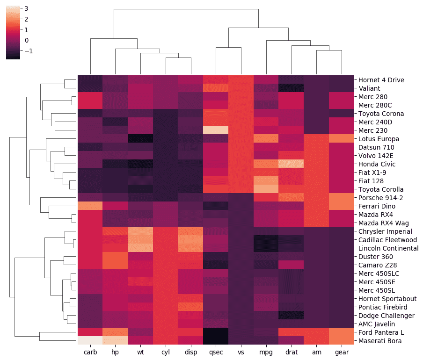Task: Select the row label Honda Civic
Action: [x=377, y=164]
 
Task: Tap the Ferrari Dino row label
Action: [x=377, y=206]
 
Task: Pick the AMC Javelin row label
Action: [x=376, y=324]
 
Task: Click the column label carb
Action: [x=90, y=352]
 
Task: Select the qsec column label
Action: [x=215, y=352]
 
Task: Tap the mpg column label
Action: [x=266, y=352]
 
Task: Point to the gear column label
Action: [x=341, y=352]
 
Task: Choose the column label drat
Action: [x=291, y=352]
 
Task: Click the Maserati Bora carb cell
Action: [x=90, y=341]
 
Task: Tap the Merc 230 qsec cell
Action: [x=215, y=130]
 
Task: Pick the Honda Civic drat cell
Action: [x=291, y=164]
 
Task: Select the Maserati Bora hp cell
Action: [x=115, y=341]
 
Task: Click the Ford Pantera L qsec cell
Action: [x=215, y=332]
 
